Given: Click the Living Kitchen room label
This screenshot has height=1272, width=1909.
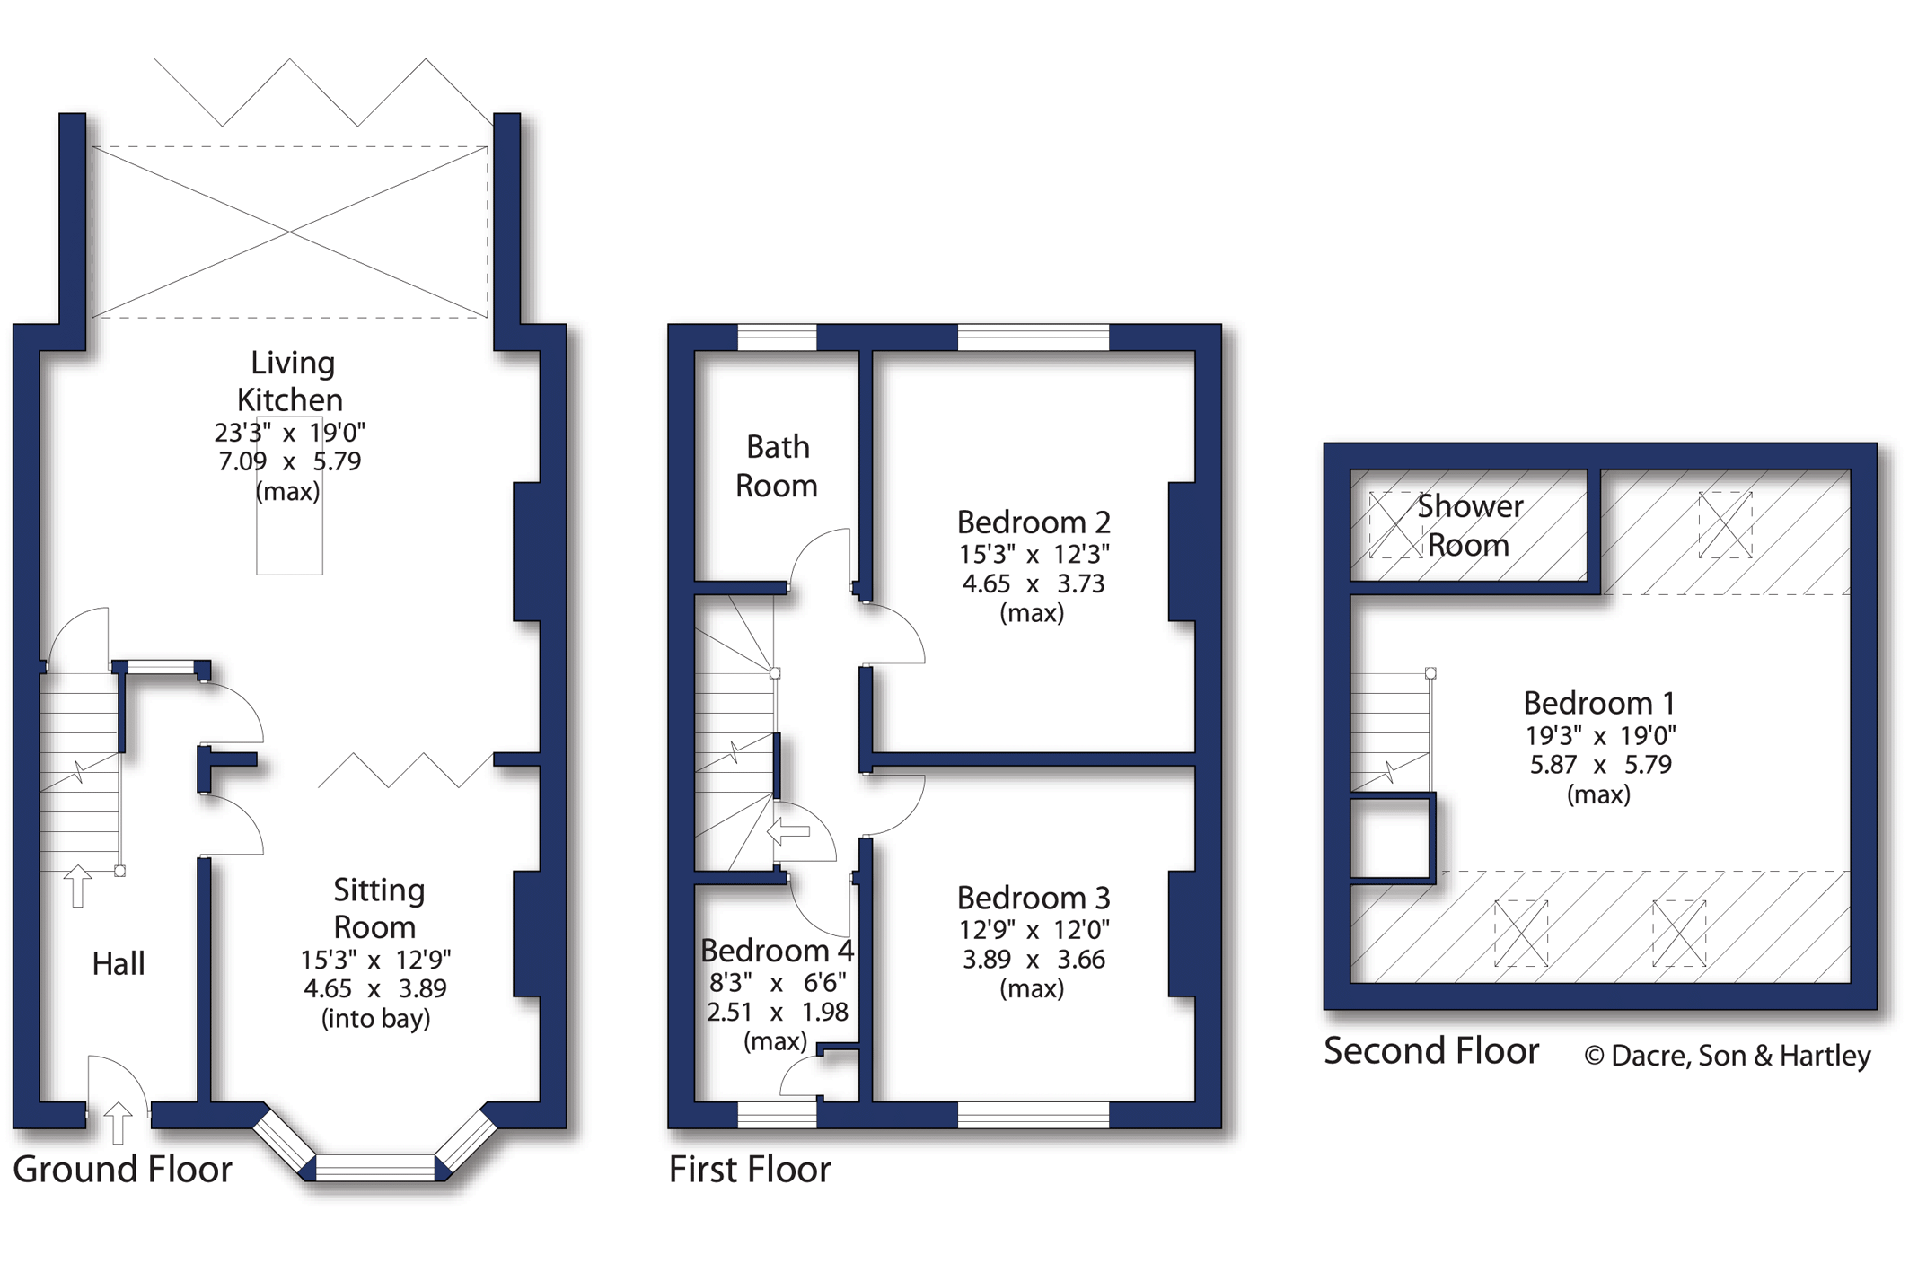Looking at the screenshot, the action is tap(290, 381).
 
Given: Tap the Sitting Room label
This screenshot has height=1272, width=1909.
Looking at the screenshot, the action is tap(377, 908).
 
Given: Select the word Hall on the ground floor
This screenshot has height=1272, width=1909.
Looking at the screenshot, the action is tap(119, 964).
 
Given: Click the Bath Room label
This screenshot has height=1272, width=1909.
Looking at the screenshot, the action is tap(778, 466).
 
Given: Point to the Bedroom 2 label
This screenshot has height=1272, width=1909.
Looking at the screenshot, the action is tap(1034, 522).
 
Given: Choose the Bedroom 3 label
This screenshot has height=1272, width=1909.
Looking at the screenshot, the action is tap(1034, 898).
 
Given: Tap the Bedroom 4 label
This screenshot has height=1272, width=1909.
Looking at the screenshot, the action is tap(778, 950).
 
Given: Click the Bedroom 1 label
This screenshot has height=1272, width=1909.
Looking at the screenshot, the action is tap(1599, 703).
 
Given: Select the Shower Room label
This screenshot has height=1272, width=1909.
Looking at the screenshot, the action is tap(1470, 525).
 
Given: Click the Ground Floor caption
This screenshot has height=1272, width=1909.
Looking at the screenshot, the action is tap(122, 1169).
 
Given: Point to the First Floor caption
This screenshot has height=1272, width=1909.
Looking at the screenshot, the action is tap(750, 1169).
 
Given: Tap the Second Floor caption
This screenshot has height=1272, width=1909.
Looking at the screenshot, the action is tap(1431, 1050).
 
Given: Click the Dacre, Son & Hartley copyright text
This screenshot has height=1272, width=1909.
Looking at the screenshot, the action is tap(1728, 1056).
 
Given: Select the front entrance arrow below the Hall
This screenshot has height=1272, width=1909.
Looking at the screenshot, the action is tap(118, 1123).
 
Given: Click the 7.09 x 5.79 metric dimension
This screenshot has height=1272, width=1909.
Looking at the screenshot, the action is tap(290, 461).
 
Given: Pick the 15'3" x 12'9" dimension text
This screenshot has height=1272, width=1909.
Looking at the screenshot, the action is tap(376, 960).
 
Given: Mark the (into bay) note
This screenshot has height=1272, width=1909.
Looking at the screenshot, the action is tap(376, 1019).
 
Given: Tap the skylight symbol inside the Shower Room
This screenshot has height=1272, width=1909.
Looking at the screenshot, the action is tap(1395, 525).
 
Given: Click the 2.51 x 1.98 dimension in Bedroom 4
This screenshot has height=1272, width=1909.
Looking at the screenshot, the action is tap(778, 1013).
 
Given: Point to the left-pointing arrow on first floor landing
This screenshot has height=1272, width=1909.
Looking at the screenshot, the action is tap(788, 831).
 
